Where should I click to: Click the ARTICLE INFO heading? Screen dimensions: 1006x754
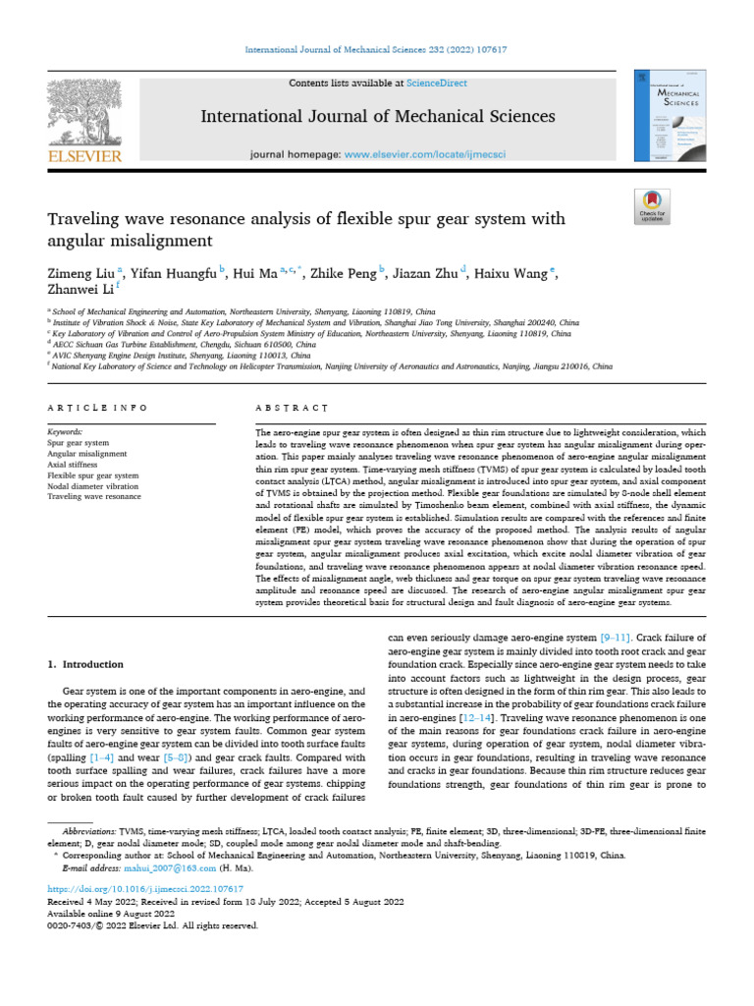[97, 407]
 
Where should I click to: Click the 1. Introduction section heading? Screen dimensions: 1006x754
[86, 664]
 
